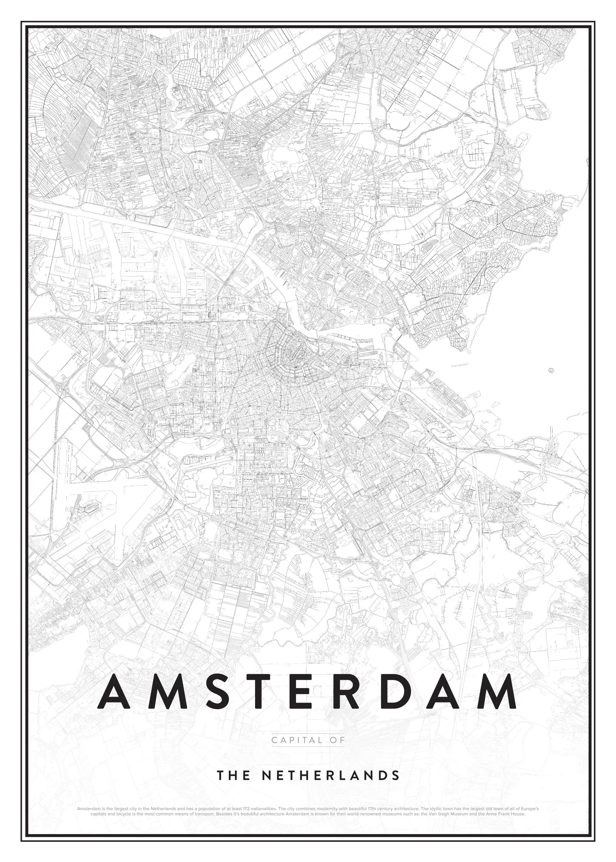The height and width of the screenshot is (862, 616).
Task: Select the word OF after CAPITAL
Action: click(x=336, y=739)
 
